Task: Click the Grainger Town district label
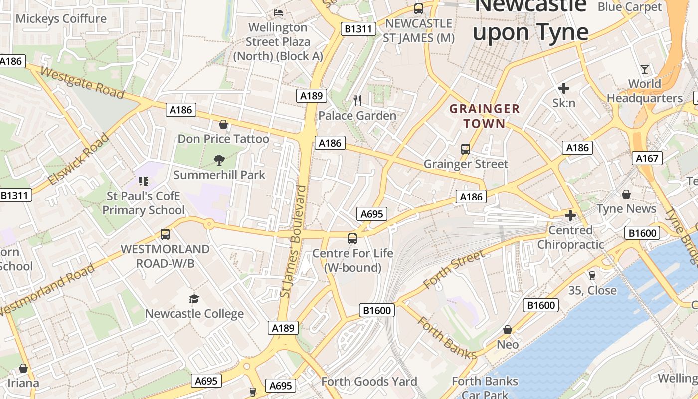tap(485, 116)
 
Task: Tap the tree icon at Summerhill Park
tap(219, 160)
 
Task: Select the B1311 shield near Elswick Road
tap(14, 195)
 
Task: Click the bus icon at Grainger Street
tap(465, 149)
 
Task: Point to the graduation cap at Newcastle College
tap(194, 299)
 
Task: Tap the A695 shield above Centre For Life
tap(372, 214)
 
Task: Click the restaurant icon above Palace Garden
tap(357, 101)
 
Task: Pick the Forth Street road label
tap(453, 270)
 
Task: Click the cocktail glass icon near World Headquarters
tap(645, 69)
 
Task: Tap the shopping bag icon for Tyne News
tap(626, 194)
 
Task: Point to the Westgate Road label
tap(82, 83)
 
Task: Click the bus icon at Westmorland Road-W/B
tap(165, 234)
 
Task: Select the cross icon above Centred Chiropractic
tap(570, 215)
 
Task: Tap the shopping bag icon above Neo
tap(508, 330)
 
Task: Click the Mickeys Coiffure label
tap(61, 19)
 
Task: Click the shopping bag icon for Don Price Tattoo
tap(223, 124)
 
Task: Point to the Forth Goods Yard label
tap(369, 382)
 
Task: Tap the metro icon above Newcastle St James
tap(418, 8)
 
